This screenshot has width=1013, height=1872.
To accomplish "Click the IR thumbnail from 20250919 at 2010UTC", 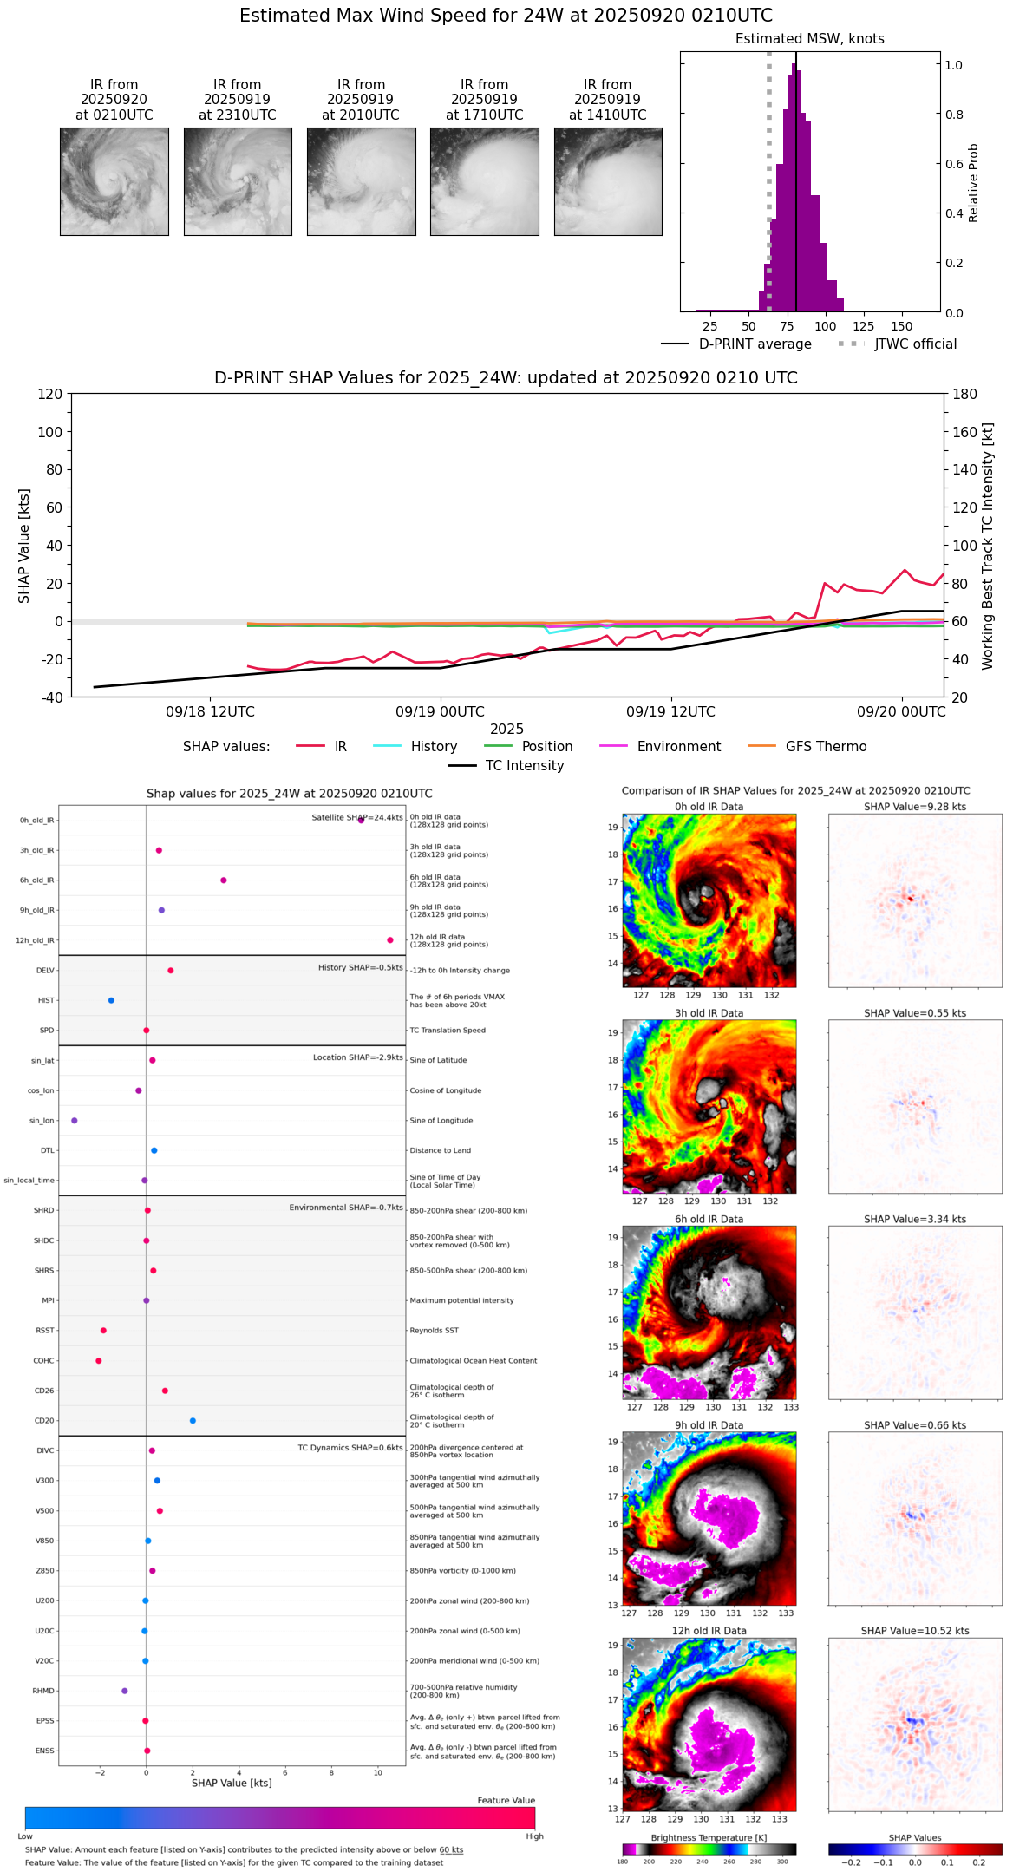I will pyautogui.click(x=361, y=181).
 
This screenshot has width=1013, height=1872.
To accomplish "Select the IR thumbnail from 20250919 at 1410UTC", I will pyautogui.click(x=608, y=181).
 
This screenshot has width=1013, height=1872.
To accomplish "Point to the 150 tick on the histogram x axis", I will pyautogui.click(x=902, y=327).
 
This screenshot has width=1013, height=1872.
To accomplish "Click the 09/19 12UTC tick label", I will pyautogui.click(x=670, y=712).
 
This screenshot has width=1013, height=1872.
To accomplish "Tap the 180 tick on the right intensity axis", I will pyautogui.click(x=965, y=395).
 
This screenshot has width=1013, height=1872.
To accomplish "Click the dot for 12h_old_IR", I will pyautogui.click(x=390, y=940).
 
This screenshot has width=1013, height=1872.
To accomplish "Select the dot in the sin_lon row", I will pyautogui.click(x=75, y=1121).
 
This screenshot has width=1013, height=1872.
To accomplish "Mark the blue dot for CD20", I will pyautogui.click(x=193, y=1421).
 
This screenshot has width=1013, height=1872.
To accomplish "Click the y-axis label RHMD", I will pyautogui.click(x=43, y=1691).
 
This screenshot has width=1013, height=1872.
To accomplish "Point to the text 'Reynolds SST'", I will pyautogui.click(x=434, y=1331).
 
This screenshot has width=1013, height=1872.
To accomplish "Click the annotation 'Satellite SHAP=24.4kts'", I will pyautogui.click(x=357, y=818).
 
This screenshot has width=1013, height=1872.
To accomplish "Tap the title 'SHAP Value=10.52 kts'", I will pyautogui.click(x=915, y=1631).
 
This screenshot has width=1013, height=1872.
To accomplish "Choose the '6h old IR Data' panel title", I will pyautogui.click(x=709, y=1219).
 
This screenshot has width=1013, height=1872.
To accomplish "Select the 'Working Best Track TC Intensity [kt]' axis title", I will pyautogui.click(x=988, y=547).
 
